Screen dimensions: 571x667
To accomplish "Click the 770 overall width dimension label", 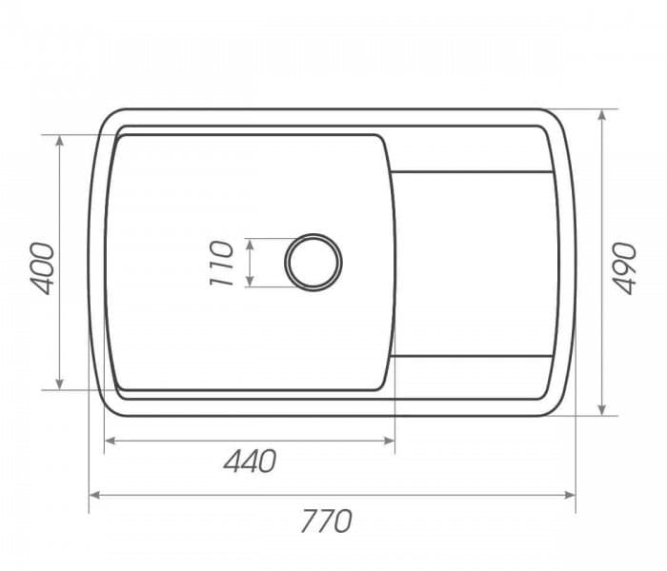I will point(327,521).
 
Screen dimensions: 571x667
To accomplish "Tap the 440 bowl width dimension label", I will point(250,461).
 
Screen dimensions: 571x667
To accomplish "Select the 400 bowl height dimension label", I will point(44,267).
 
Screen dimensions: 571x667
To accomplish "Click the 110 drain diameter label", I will point(220,264).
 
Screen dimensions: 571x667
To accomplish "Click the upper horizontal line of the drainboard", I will point(472,172).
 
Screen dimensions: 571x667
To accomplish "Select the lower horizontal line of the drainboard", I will point(472,356).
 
